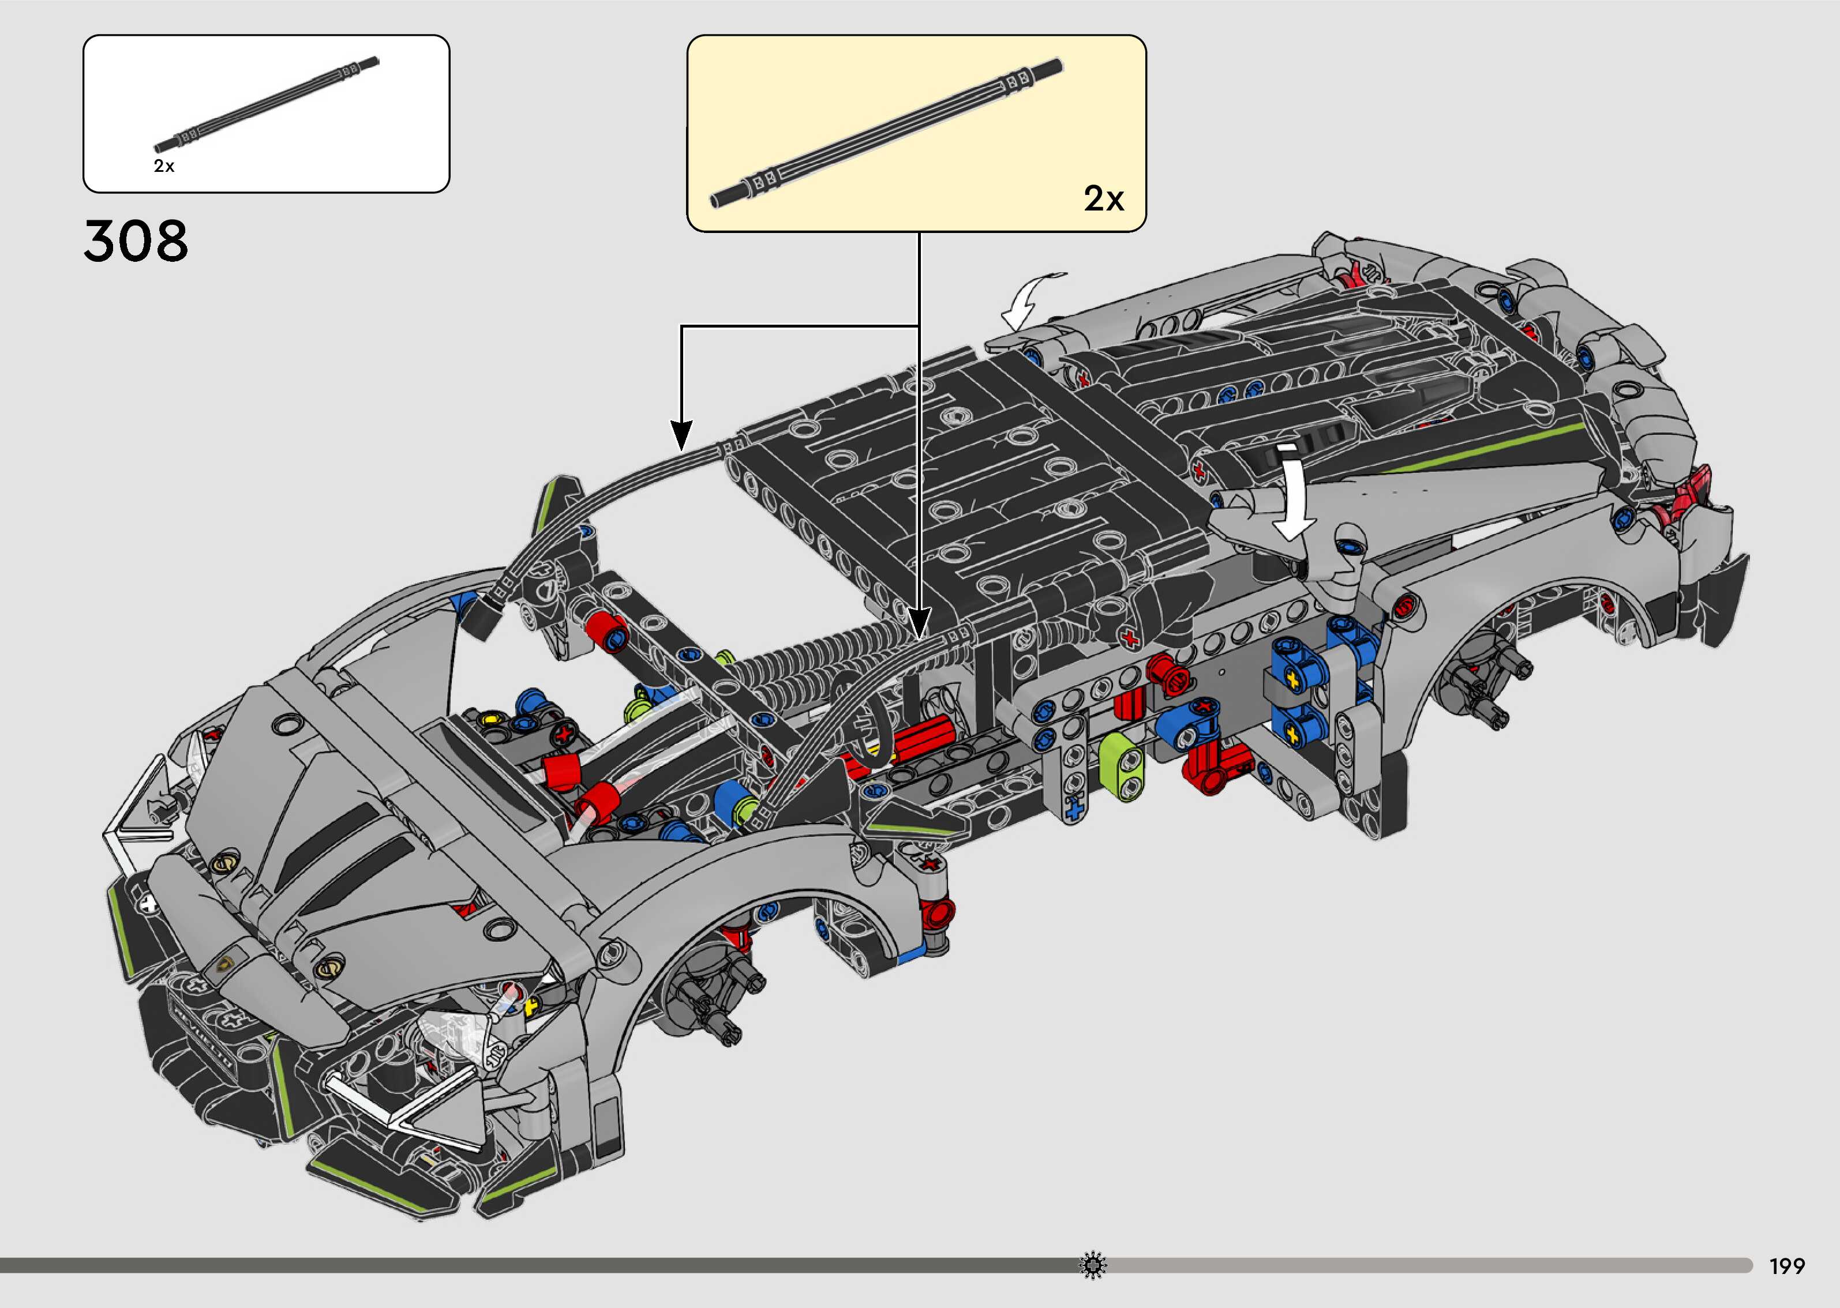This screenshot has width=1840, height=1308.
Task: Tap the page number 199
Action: (x=1787, y=1267)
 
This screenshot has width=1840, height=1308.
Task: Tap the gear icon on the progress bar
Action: (x=1092, y=1265)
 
